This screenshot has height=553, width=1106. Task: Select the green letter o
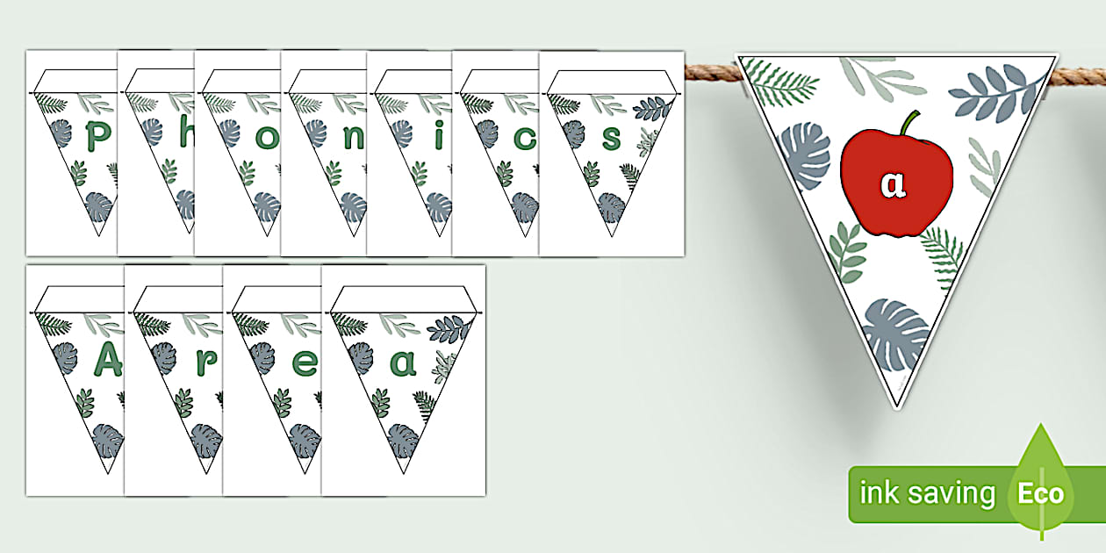(268, 139)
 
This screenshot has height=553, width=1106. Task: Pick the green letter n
(353, 138)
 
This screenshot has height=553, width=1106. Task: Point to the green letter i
(440, 137)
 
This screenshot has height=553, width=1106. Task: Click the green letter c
(526, 138)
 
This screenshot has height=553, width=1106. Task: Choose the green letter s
(612, 138)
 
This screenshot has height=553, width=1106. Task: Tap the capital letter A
(107, 361)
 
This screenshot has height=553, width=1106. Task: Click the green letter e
(304, 363)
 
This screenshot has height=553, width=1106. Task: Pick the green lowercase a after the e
(403, 362)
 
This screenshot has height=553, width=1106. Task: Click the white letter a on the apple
(892, 185)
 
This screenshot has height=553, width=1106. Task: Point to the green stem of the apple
(910, 123)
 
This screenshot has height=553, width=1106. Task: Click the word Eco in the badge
(1040, 493)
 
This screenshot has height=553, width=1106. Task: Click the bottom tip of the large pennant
(896, 404)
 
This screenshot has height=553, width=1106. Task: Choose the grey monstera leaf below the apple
(894, 334)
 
